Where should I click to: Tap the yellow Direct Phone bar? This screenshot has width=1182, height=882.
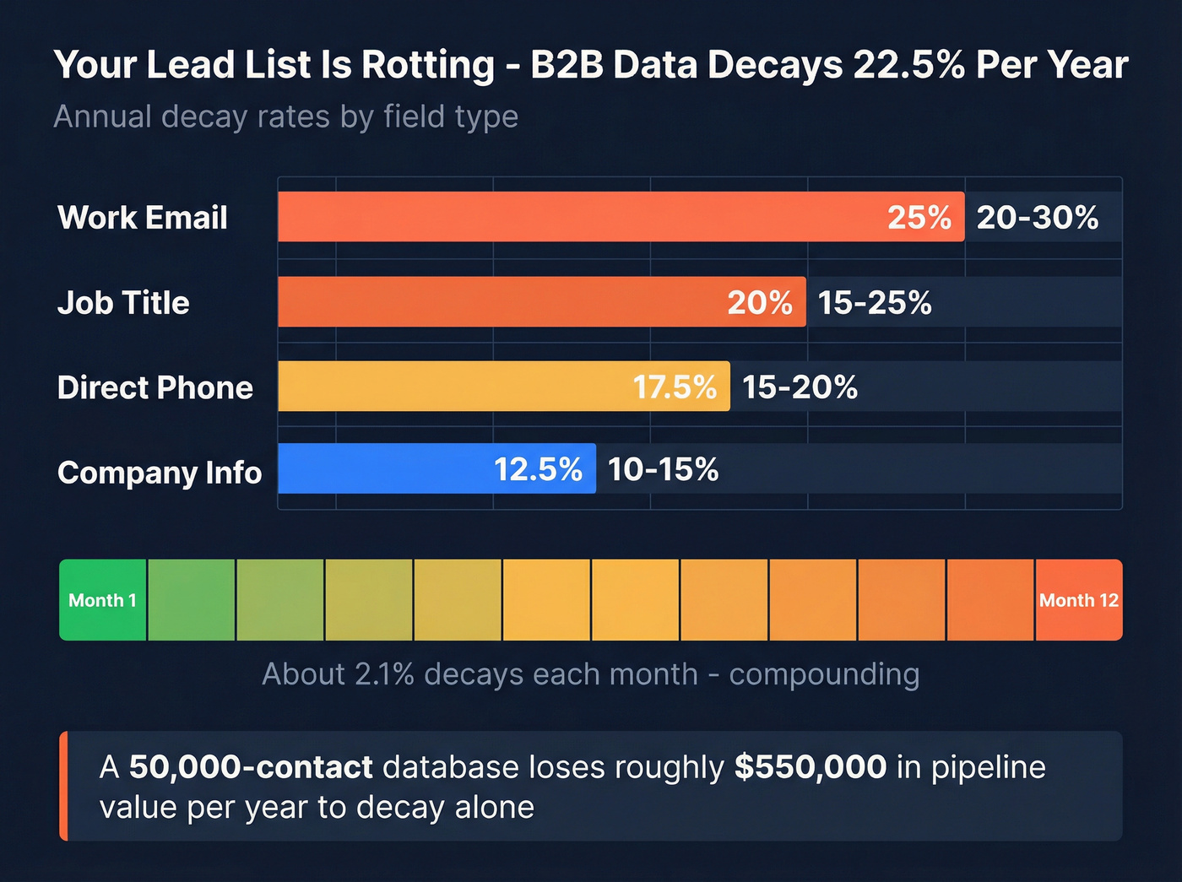[456, 387]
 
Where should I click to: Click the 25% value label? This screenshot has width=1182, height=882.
[919, 218]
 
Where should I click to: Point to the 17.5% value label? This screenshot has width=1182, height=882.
[675, 387]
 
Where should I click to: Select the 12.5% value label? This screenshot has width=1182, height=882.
[538, 469]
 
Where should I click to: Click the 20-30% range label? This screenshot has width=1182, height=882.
[1038, 218]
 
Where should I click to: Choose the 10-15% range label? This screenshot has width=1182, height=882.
[663, 469]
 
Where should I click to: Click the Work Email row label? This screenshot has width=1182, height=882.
[143, 218]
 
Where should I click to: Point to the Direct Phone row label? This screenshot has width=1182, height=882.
[155, 387]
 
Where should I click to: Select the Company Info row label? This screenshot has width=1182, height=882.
[160, 473]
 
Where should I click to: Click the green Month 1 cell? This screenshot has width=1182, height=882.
[102, 600]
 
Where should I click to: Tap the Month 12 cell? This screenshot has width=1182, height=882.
[1078, 600]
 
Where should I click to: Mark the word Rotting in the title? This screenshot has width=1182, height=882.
[428, 65]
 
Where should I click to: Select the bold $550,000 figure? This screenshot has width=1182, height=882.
[811, 767]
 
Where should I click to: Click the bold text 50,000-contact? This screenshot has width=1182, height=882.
[251, 767]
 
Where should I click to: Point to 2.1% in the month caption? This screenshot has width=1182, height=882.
[385, 674]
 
